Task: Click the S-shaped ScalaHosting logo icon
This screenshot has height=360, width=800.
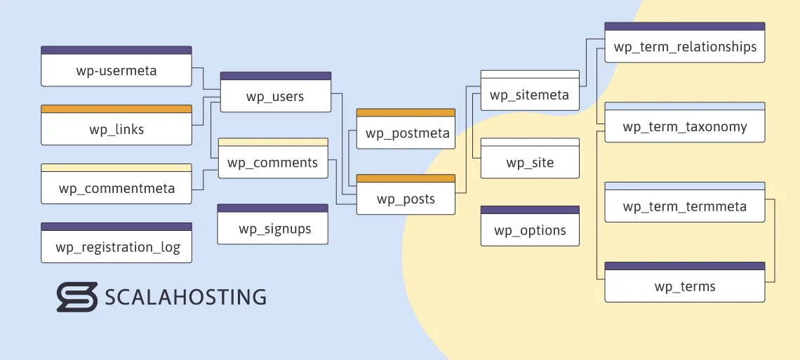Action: click(x=76, y=297)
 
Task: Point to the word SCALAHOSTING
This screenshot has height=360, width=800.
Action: click(x=185, y=297)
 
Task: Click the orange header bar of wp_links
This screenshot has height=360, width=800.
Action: click(x=116, y=109)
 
